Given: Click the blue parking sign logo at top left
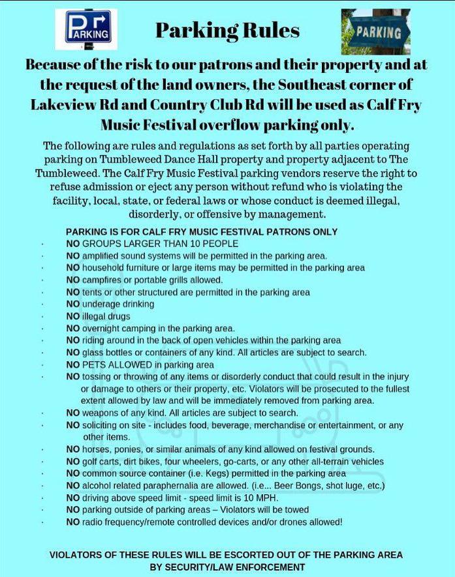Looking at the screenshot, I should tap(86, 29).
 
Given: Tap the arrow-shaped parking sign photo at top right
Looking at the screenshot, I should tap(375, 31).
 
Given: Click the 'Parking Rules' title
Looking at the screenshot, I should tap(227, 30).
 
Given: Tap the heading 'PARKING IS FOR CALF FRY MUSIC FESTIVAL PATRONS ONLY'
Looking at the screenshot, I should tap(202, 232).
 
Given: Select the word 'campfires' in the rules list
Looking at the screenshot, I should tap(103, 280).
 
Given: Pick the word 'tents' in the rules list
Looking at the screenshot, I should tap(93, 292).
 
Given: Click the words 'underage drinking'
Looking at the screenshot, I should tap(118, 304).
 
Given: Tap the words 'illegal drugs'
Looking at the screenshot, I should tap(106, 316).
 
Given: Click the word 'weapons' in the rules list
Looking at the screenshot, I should tap(101, 413).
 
